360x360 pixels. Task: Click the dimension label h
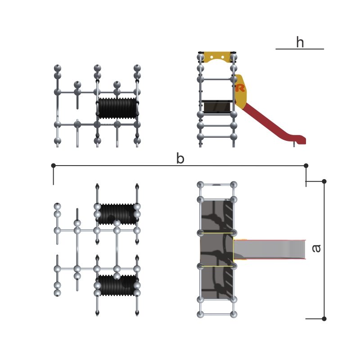[300, 42]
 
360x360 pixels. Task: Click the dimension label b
[180, 158]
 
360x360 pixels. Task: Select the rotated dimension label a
[316, 248]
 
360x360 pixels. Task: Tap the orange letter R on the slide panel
[240, 88]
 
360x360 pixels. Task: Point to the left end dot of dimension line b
[53, 166]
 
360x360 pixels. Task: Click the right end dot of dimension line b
[306, 166]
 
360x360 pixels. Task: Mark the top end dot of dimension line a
[324, 181]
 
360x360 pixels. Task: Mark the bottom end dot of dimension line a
[324, 319]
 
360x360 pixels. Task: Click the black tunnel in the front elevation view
[117, 108]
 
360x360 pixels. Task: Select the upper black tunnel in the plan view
[117, 214]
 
